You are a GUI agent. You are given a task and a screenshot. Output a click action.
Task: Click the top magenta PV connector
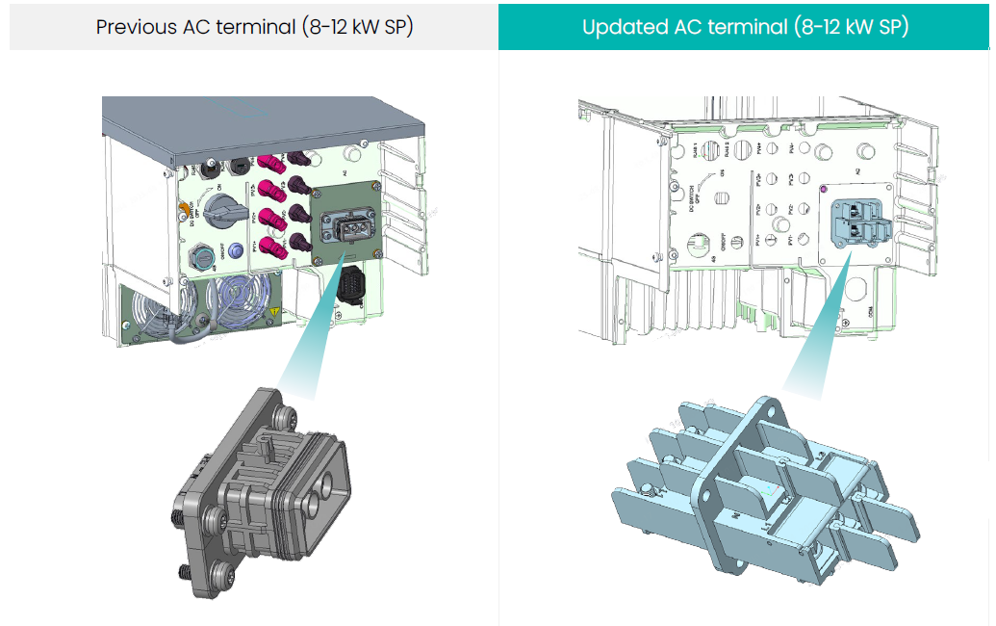[264, 161]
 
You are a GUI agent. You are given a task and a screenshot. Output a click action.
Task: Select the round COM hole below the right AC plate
[859, 286]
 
